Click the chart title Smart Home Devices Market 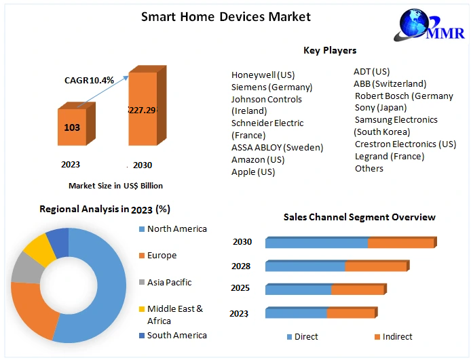(x=225, y=16)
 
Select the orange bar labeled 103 (x=72, y=127)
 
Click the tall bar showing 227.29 (x=143, y=110)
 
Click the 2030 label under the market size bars (x=143, y=165)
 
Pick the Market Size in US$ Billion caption (x=115, y=185)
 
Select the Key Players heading (x=330, y=50)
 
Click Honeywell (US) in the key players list (x=263, y=75)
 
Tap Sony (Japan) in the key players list (x=381, y=107)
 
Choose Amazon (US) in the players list (x=258, y=159)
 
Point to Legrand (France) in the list (x=390, y=156)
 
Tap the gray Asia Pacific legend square (x=141, y=282)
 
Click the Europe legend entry (x=161, y=255)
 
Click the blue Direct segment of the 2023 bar (x=297, y=313)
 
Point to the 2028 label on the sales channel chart (x=240, y=266)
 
